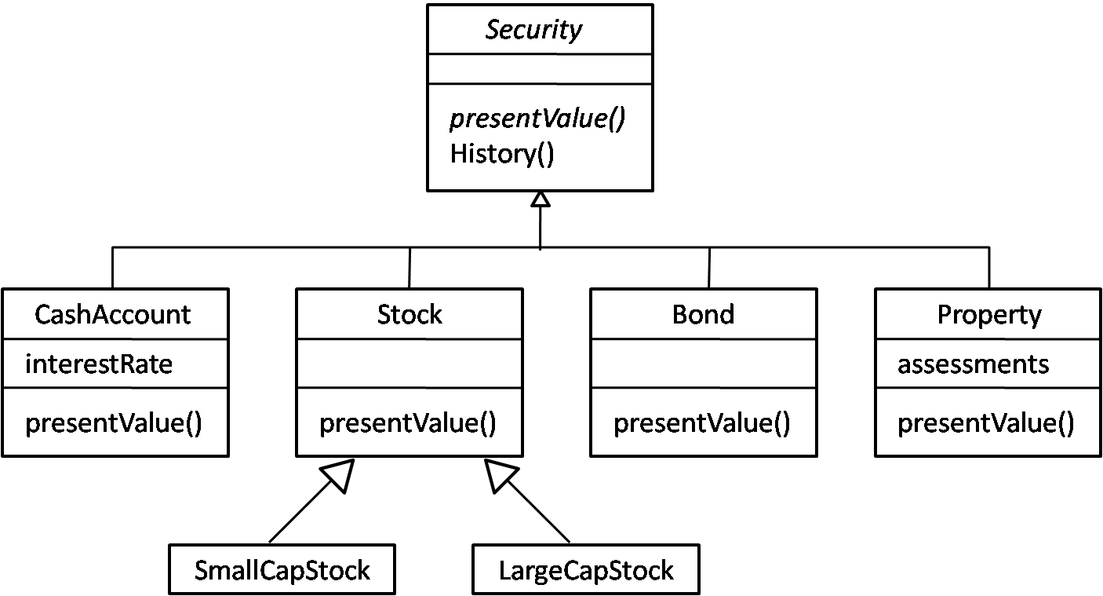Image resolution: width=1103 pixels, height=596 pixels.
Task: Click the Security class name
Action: pyautogui.click(x=533, y=30)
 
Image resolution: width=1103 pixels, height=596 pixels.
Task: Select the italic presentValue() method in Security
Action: pyautogui.click(x=537, y=119)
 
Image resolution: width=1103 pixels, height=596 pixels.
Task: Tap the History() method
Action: pyautogui.click(x=501, y=153)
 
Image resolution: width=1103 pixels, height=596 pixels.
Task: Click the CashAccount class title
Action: pyautogui.click(x=112, y=315)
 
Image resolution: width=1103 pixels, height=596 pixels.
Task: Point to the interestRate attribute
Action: pyautogui.click(x=98, y=364)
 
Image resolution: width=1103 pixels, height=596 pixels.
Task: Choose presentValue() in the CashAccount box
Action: pyautogui.click(x=114, y=423)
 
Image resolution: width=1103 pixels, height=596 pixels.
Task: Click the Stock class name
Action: pyautogui.click(x=410, y=315)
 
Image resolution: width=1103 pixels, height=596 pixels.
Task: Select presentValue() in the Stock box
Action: pyautogui.click(x=408, y=423)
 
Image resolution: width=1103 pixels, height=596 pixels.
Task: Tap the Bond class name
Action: pyautogui.click(x=703, y=315)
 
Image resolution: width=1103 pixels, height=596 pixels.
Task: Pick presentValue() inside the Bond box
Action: pyautogui.click(x=702, y=423)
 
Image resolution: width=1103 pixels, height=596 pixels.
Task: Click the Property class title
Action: pyautogui.click(x=988, y=315)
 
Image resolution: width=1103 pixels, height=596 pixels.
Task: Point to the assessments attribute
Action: pyautogui.click(x=973, y=364)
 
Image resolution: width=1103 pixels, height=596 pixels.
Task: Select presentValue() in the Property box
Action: pyautogui.click(x=986, y=423)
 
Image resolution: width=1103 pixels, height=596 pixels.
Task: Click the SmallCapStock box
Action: pyautogui.click(x=282, y=570)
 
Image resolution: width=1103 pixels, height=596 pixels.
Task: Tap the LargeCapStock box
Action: pyautogui.click(x=585, y=570)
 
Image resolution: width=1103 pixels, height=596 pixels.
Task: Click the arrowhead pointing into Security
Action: pyautogui.click(x=540, y=199)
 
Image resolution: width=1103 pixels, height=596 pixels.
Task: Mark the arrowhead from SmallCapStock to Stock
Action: pyautogui.click(x=340, y=474)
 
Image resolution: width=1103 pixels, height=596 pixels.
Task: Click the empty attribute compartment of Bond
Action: pyautogui.click(x=703, y=364)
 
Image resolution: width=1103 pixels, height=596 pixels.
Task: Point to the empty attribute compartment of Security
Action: pyautogui.click(x=540, y=69)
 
